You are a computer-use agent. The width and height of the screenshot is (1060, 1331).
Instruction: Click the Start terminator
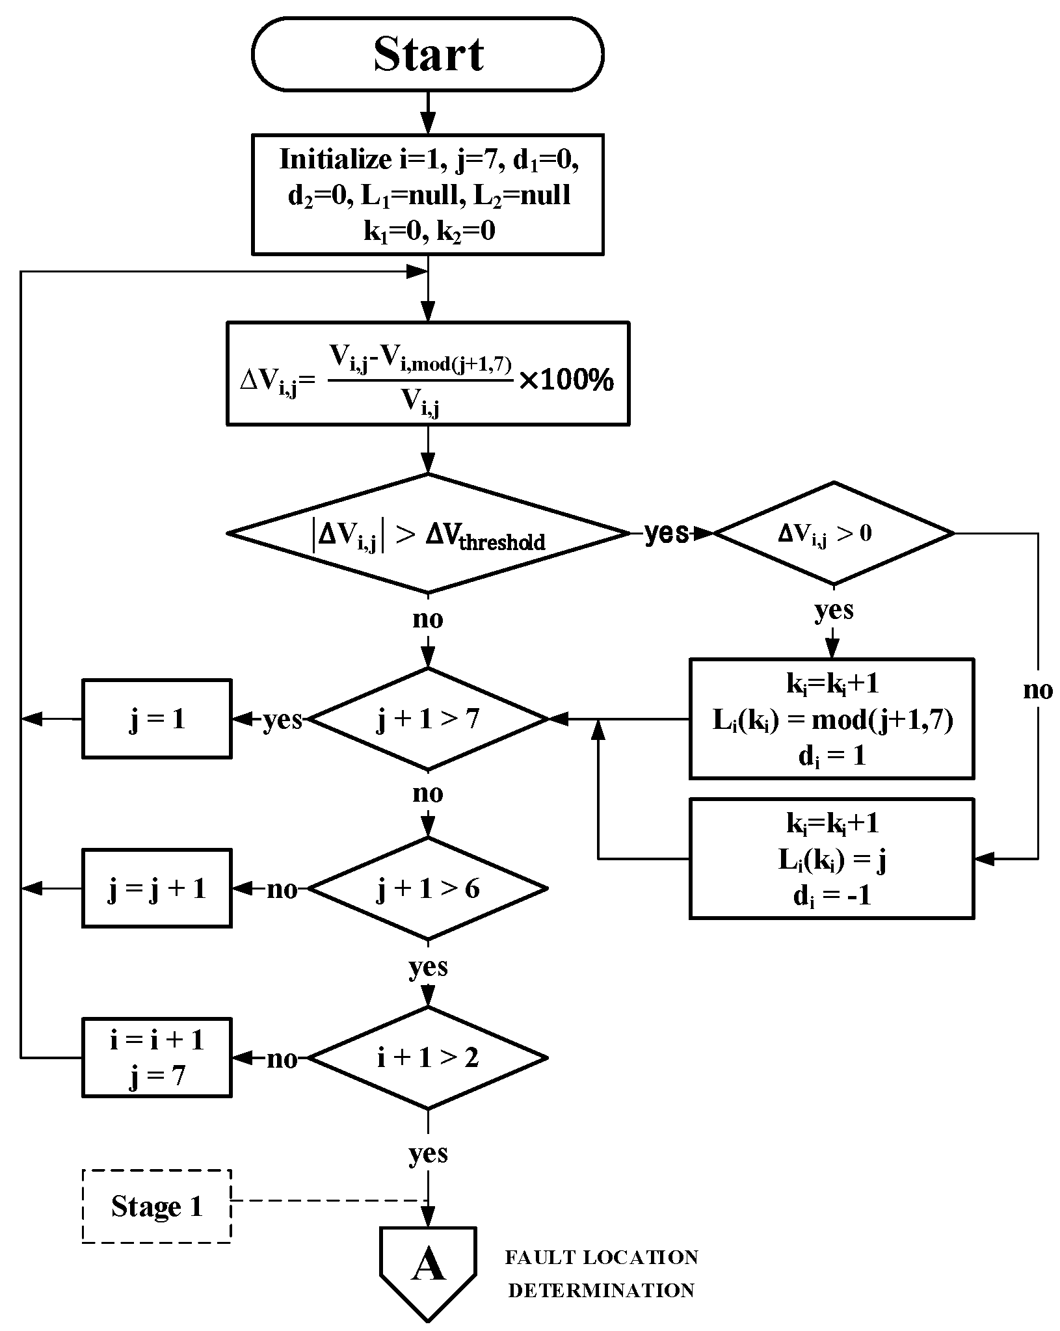[x=427, y=54]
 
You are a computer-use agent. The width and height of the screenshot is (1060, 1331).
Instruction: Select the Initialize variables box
[x=427, y=194]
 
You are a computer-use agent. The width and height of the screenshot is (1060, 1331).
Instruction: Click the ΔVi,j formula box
[x=427, y=373]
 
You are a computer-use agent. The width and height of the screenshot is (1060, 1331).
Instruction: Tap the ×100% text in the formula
[x=566, y=380]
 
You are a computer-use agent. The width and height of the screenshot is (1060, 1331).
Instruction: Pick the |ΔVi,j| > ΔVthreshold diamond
[x=427, y=533]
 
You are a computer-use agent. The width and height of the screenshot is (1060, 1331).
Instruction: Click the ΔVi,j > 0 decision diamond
[x=834, y=533]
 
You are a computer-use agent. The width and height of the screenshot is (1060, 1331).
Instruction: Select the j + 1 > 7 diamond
[x=427, y=719]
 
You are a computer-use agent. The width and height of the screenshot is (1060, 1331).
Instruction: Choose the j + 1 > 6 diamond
[x=427, y=888]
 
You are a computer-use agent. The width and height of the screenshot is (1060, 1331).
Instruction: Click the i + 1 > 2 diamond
[x=427, y=1058]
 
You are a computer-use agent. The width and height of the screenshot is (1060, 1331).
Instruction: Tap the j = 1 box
[x=157, y=719]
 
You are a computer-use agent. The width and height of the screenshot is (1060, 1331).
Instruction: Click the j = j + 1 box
[x=157, y=888]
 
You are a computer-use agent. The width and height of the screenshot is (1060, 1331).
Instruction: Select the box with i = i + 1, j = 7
[x=157, y=1058]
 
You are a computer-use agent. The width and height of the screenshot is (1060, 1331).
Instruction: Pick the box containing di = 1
[x=832, y=718]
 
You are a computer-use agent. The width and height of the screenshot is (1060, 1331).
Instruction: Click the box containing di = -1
[x=832, y=859]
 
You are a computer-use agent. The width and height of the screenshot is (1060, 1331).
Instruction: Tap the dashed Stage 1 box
[x=157, y=1207]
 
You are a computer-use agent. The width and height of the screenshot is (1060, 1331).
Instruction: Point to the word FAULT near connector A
[x=540, y=1258]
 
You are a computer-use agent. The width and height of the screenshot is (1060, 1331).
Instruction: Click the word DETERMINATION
[x=601, y=1290]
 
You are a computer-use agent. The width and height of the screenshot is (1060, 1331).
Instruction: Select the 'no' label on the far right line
[x=1037, y=690]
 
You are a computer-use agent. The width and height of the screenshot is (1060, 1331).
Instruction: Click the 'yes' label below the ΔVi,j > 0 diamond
[x=834, y=610]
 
